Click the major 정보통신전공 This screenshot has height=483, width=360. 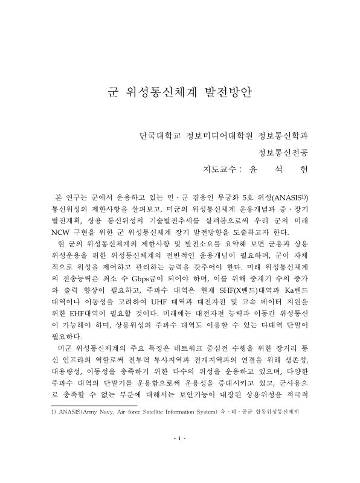[282, 150]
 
